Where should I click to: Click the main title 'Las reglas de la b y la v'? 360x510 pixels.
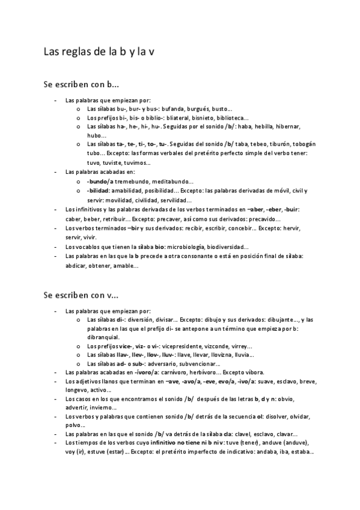[99, 52]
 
